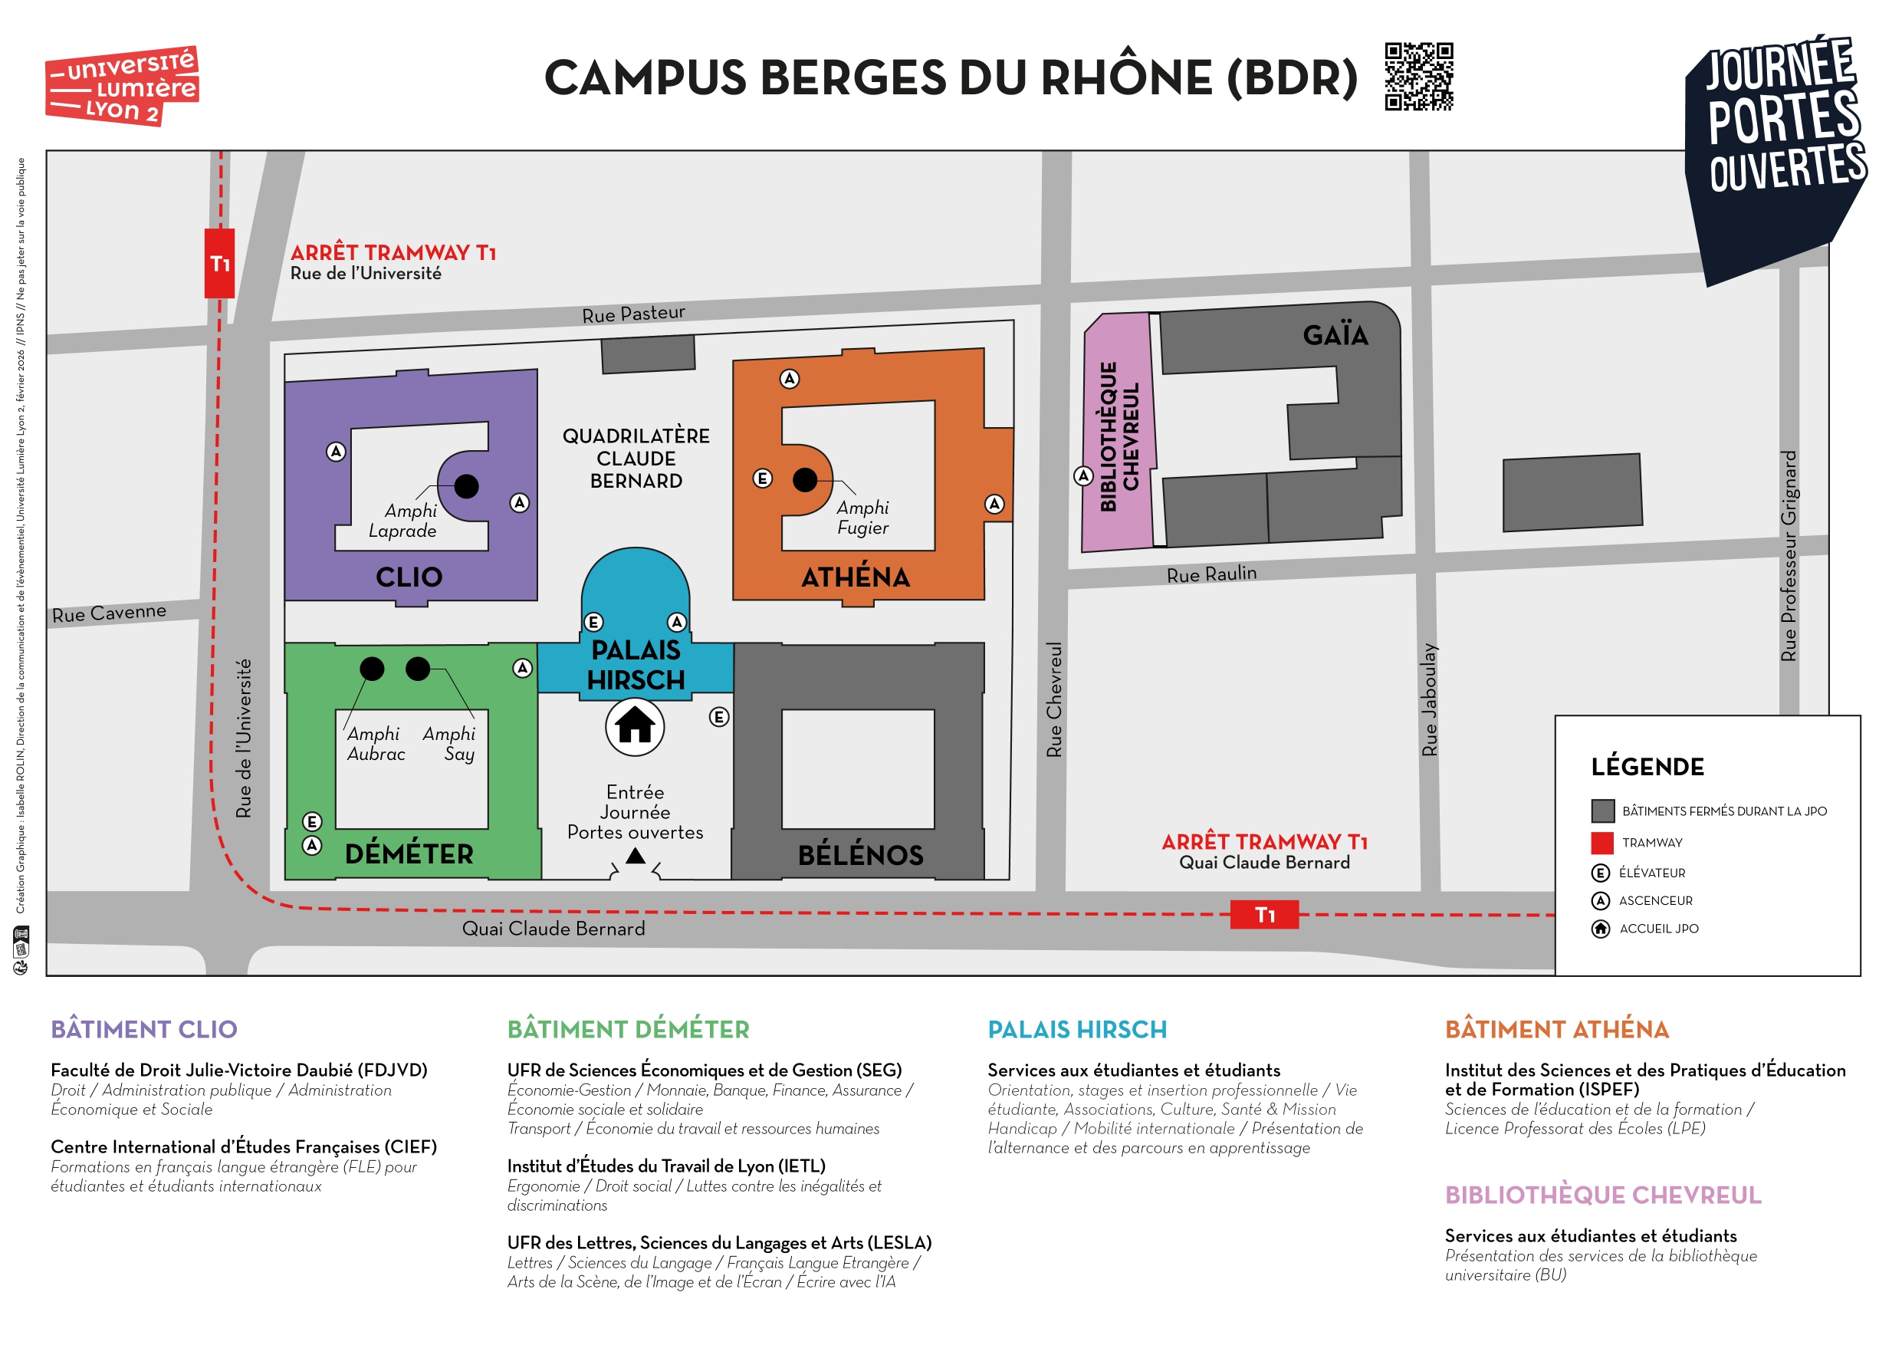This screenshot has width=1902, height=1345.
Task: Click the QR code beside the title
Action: tap(1418, 76)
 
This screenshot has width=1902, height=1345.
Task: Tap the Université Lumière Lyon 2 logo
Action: tap(122, 86)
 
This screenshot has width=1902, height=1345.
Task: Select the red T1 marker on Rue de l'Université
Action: tap(219, 264)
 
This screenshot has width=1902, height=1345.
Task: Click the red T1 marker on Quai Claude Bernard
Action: tap(1264, 915)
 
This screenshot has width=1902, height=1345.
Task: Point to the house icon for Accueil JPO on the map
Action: tap(635, 727)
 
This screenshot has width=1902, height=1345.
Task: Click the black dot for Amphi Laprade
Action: tap(466, 486)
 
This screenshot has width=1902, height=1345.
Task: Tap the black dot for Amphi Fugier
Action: tap(804, 479)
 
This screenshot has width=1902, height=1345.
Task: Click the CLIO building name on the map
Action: tap(409, 577)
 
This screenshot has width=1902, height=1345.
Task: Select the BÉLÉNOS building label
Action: tap(860, 854)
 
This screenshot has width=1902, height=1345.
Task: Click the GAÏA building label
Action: tap(1335, 336)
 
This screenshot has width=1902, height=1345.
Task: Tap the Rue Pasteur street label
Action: tap(633, 314)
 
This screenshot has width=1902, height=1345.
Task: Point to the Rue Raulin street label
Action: tap(1211, 574)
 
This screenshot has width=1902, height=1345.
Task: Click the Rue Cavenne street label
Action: tap(109, 613)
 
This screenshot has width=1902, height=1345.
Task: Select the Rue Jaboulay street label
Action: tap(1429, 699)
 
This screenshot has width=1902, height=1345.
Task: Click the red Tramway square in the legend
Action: tap(1602, 843)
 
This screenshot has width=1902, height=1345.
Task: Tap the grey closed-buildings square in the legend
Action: tap(1602, 811)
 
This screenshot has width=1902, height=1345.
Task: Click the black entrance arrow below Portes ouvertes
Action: tap(635, 856)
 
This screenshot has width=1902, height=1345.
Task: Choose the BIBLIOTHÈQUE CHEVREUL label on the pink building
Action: tap(1119, 437)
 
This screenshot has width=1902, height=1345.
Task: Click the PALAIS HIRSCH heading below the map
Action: tap(1076, 1029)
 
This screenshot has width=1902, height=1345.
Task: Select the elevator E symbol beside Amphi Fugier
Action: tap(762, 478)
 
